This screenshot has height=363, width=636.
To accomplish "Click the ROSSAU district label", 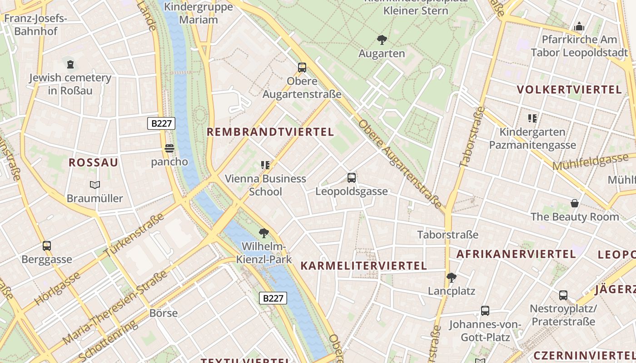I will (x=93, y=162).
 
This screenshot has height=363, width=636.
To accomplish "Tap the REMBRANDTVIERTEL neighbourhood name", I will (x=270, y=132).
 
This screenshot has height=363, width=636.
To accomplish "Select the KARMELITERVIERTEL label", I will (x=363, y=266).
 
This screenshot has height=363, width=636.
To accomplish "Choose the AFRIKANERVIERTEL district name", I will (x=516, y=254).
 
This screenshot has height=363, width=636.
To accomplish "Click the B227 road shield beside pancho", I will (x=161, y=123).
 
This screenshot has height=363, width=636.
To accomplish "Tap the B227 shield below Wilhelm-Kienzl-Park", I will (x=273, y=298).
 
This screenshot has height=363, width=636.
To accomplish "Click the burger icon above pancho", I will (x=169, y=148).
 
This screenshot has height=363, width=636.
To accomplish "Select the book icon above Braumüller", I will (x=94, y=185).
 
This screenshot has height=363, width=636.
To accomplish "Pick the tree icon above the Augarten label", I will (x=382, y=40).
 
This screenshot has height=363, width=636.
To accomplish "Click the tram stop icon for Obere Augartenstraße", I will (x=302, y=68).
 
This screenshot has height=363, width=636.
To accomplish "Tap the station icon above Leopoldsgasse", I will (x=351, y=177).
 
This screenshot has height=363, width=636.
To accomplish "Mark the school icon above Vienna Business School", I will (x=265, y=165).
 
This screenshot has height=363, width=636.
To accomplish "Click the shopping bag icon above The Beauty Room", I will (x=575, y=203).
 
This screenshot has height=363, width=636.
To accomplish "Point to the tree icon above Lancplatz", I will (x=451, y=277).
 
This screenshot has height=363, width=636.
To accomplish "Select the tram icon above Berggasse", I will (x=47, y=246).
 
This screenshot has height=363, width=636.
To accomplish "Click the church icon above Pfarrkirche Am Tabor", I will (x=579, y=27).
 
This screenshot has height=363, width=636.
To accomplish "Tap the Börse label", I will (x=164, y=313).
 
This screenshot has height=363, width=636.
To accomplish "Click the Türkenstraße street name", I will (x=134, y=236).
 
